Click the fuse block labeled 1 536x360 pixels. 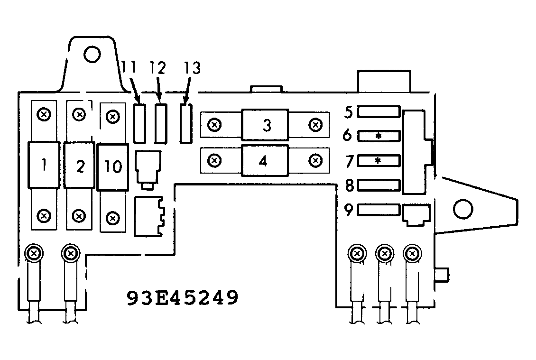pyautogui.click(x=44, y=165)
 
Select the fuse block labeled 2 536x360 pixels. pyautogui.click(x=80, y=165)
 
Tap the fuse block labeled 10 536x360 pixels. pyautogui.click(x=113, y=167)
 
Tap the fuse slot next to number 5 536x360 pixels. pyautogui.click(x=378, y=112)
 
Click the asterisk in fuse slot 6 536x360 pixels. pyautogui.click(x=379, y=136)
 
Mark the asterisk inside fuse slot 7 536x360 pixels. pyautogui.click(x=378, y=161)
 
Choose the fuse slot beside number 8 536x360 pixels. pyautogui.click(x=378, y=185)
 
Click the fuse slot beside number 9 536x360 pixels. pyautogui.click(x=378, y=210)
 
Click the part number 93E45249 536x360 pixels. pyautogui.click(x=182, y=298)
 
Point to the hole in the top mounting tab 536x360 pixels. pyautogui.click(x=92, y=54)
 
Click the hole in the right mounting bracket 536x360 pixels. pyautogui.click(x=462, y=208)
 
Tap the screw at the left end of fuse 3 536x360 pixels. pyautogui.click(x=215, y=125)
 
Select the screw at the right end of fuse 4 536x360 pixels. pyautogui.click(x=314, y=160)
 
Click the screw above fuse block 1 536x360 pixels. pyautogui.click(x=44, y=114)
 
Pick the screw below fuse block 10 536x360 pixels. pyautogui.click(x=112, y=218)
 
